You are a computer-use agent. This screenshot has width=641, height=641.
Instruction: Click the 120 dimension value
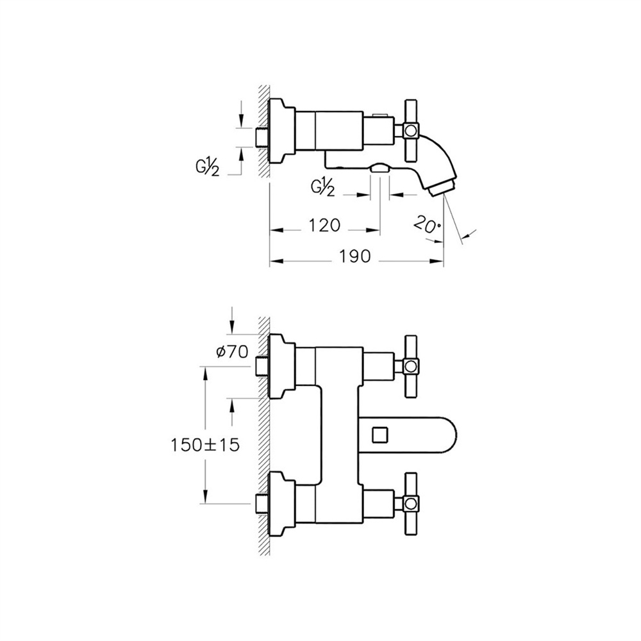[x=324, y=225]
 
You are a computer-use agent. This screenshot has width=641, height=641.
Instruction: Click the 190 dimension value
[x=355, y=256]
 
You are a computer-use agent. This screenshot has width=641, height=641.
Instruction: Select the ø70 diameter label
[x=231, y=351]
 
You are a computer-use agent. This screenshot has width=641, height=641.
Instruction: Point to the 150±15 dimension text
[x=205, y=445]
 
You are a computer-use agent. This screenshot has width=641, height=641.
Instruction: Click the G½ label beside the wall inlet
[x=207, y=167]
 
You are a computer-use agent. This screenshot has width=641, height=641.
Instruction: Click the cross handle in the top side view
[x=411, y=130]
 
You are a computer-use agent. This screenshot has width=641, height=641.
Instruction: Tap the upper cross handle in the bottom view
[x=411, y=366]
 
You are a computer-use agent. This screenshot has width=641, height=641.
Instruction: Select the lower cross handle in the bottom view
[x=411, y=503]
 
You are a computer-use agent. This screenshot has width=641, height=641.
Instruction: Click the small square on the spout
[x=379, y=434]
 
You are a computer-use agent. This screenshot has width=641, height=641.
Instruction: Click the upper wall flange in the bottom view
[x=281, y=366]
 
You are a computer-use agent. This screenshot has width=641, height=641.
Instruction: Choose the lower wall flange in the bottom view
[x=281, y=503]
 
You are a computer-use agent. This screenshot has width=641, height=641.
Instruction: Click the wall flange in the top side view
[x=281, y=131]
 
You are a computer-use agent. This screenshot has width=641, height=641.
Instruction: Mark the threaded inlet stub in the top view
[x=262, y=137]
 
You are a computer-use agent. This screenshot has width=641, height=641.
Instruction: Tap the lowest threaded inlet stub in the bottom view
[x=262, y=503]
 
